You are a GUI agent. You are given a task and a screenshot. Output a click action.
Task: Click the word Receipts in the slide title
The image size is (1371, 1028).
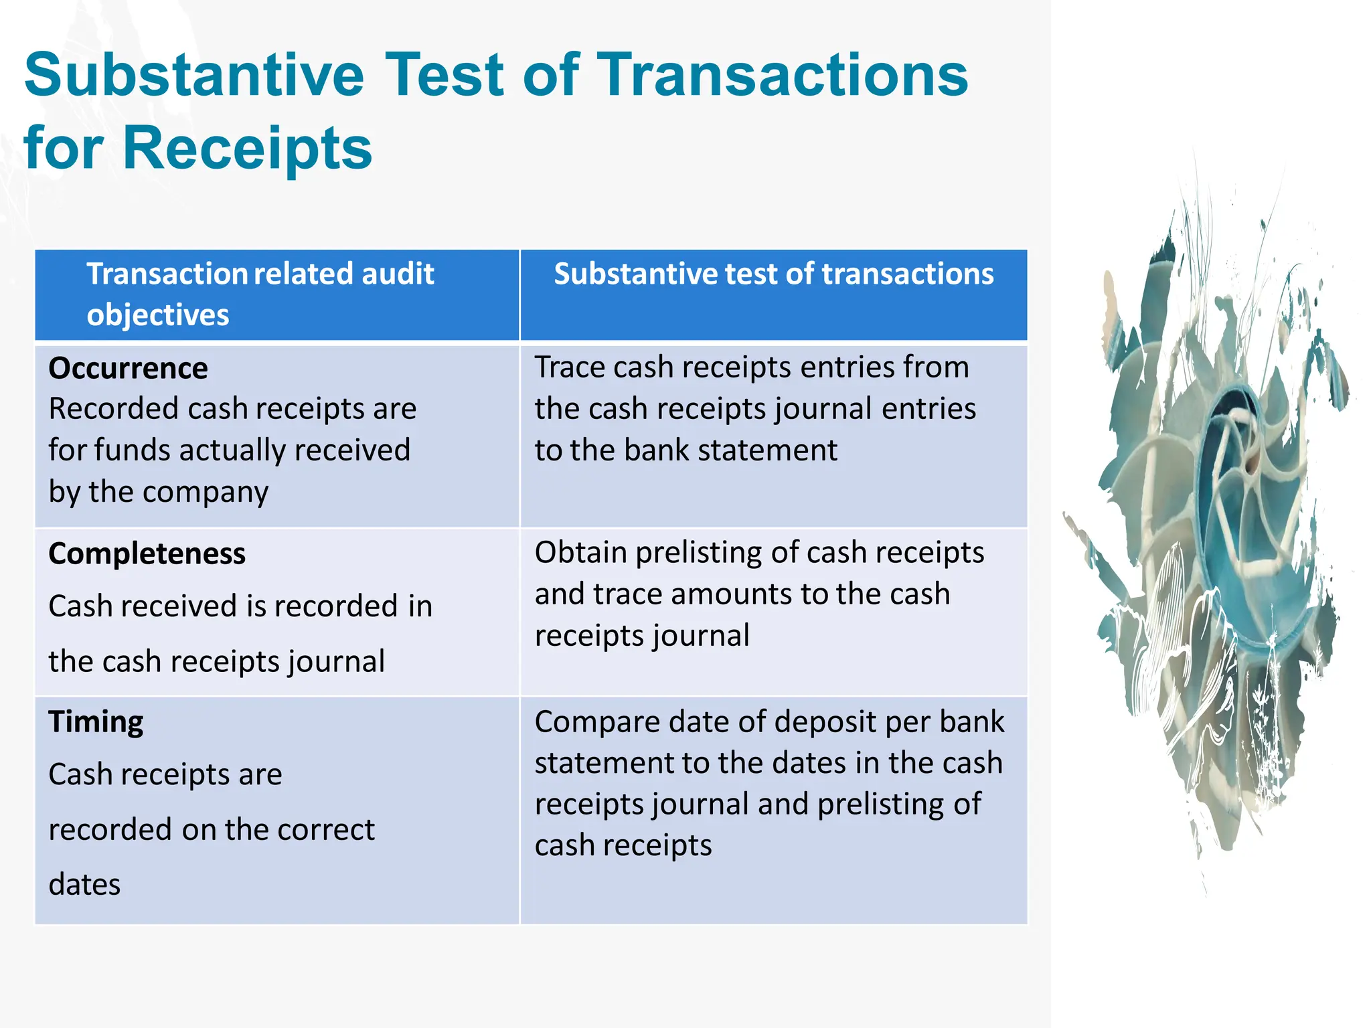tap(247, 149)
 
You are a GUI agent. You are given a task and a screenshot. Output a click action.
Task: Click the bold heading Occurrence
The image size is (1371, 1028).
tap(128, 369)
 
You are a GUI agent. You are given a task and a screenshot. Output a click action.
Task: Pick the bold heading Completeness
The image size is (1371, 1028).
tap(147, 554)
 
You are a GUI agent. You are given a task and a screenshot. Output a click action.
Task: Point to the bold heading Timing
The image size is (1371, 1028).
tap(96, 722)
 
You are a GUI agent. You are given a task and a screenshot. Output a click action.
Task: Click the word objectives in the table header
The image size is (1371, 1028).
tap(158, 315)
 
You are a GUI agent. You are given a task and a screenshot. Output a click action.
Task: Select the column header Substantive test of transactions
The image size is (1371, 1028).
tap(774, 274)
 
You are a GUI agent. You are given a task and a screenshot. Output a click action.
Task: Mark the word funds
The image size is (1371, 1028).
tap(133, 450)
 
